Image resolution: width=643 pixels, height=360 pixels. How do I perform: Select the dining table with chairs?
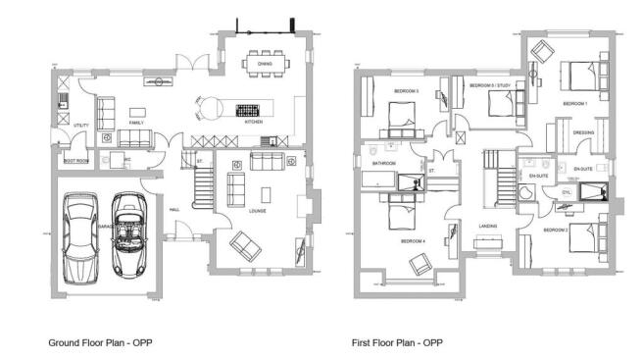point(265,64)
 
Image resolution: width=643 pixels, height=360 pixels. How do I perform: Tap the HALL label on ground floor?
point(173,209)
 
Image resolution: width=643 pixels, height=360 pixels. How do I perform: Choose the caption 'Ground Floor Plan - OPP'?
point(100,343)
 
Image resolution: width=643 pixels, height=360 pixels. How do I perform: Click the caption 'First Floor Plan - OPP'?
point(397,343)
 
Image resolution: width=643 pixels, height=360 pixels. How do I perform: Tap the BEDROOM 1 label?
point(574,102)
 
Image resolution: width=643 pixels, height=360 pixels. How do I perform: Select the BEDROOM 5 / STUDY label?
point(489,86)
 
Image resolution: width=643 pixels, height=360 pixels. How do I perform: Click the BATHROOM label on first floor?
point(382,163)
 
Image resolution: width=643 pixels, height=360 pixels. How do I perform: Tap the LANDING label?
point(487,227)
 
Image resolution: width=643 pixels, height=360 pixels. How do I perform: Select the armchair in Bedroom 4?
point(420,262)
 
